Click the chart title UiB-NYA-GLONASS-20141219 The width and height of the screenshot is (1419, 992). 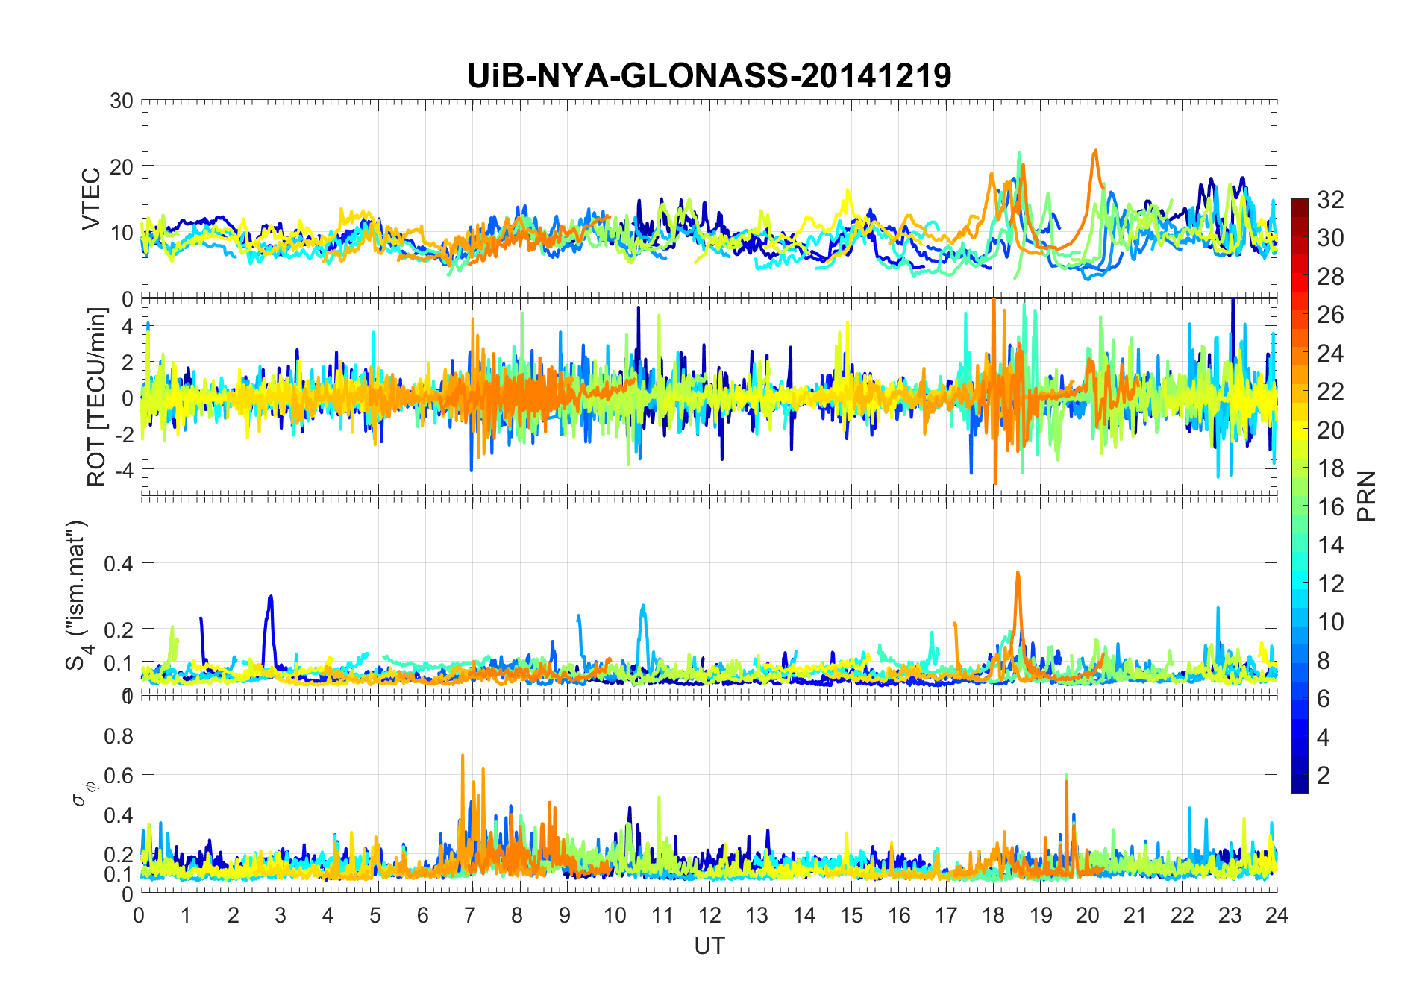coord(709,75)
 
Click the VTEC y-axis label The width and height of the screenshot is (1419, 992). coord(91,199)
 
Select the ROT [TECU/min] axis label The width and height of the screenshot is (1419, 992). coord(97,397)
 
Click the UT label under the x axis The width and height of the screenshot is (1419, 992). coord(709,946)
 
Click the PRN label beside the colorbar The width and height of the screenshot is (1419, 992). coord(1366,496)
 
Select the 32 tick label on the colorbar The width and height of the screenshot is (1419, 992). coord(1330,199)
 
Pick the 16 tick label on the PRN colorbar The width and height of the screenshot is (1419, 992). coord(1330,507)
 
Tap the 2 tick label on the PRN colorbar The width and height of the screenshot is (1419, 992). coord(1324,775)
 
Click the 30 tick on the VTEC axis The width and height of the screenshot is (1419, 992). coord(122,101)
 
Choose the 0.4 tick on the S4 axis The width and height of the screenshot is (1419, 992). coord(119,563)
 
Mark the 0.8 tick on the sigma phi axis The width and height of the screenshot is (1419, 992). coord(119,735)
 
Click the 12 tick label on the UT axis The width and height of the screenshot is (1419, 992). coord(709,915)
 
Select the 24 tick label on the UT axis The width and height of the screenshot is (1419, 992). coord(1277,915)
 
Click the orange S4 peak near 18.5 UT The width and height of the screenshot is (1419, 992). coord(1018,573)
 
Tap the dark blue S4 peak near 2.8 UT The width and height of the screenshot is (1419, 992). coord(271,597)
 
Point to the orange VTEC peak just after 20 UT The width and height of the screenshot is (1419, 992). coord(1095,151)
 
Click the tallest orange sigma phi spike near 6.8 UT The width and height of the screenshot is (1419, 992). coord(463,756)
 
